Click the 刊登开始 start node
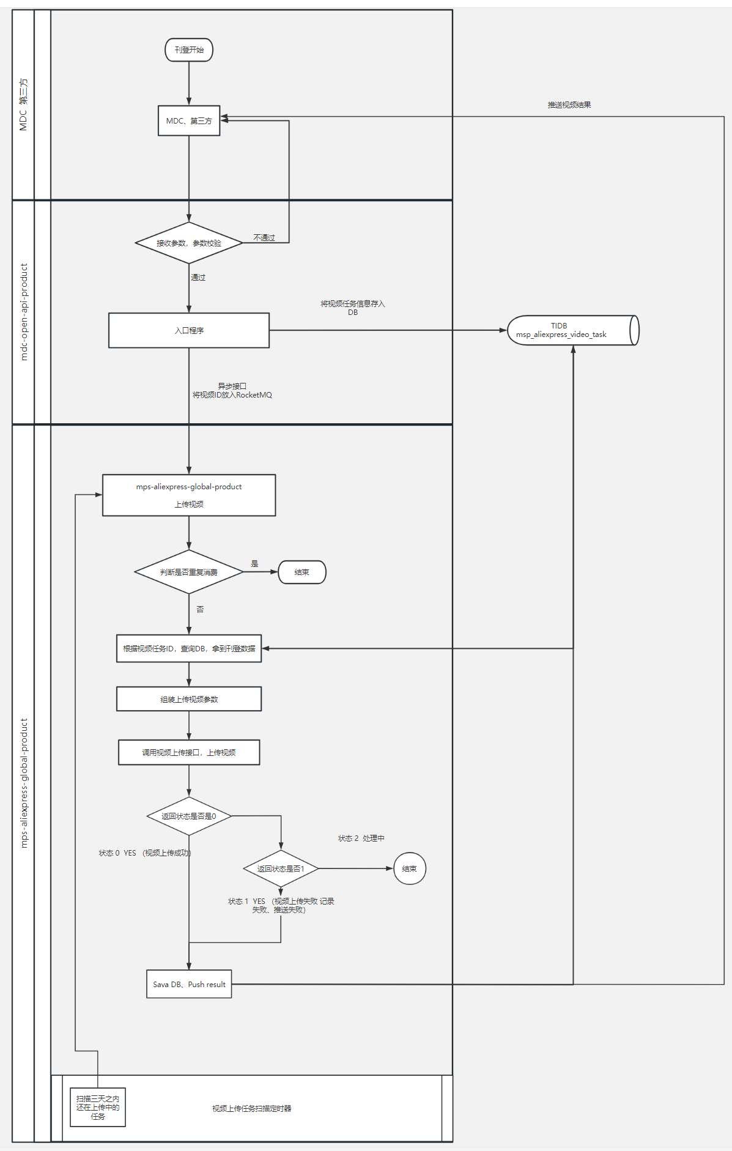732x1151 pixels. tap(189, 50)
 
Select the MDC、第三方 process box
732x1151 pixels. tap(189, 120)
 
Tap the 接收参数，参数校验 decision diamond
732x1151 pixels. tap(189, 243)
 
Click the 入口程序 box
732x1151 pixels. tap(189, 330)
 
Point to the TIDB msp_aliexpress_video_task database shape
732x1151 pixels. tap(573, 330)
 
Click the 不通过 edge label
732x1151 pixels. tap(264, 237)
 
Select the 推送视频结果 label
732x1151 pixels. tap(569, 105)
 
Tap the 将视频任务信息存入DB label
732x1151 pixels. tap(353, 308)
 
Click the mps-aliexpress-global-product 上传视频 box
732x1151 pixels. tap(189, 495)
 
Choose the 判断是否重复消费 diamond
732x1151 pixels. tap(189, 572)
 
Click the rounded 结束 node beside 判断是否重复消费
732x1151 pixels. tap(302, 572)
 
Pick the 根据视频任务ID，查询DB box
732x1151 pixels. tap(189, 648)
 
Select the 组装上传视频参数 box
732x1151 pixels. tap(189, 699)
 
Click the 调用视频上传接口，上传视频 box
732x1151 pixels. tap(189, 752)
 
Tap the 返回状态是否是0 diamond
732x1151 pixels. tap(189, 816)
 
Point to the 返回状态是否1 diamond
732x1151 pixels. tap(281, 868)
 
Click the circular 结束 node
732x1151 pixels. tap(410, 868)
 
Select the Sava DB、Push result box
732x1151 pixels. tap(189, 984)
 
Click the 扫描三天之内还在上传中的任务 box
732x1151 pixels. tap(98, 1107)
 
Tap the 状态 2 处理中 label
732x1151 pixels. tap(361, 838)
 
